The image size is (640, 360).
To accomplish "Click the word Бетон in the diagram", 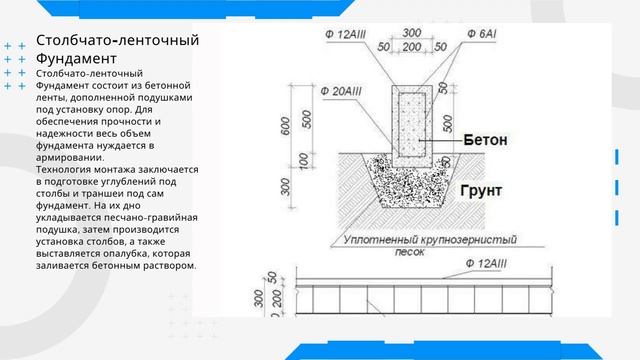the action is coord(485,141).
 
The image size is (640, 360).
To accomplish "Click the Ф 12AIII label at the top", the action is coord(329,33).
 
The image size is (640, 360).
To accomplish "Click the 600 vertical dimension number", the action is coord(285,126).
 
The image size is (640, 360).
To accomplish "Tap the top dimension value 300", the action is coord(411,32).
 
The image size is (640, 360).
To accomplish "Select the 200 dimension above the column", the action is coord(411,46).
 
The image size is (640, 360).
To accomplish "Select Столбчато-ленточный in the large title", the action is coord(118,41).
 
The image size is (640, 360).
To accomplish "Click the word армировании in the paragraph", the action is coord(67,157).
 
